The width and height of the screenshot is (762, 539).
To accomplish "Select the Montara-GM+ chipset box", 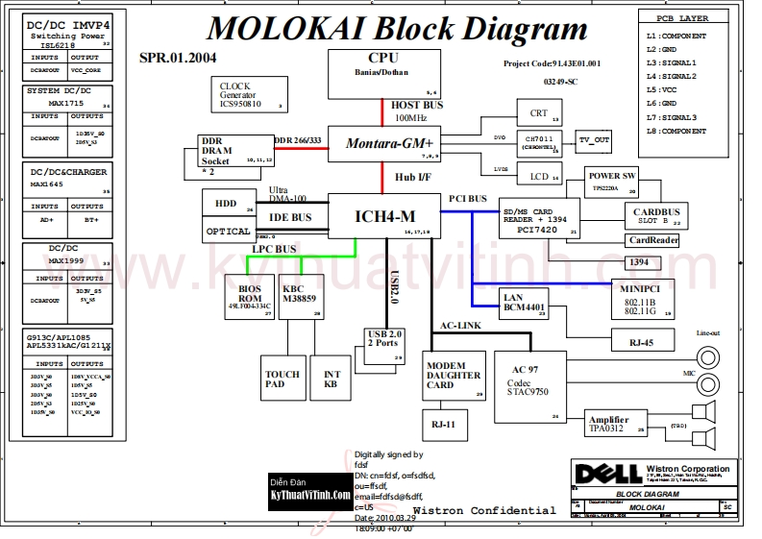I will click(384, 143).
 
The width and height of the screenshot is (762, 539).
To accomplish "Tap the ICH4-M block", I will click(384, 216).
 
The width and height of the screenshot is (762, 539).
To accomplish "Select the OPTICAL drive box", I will click(229, 231).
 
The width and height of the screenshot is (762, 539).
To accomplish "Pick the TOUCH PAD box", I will click(282, 380).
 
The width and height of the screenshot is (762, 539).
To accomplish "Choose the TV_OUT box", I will click(593, 140).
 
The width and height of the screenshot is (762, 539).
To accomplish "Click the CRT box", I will click(532, 113).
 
